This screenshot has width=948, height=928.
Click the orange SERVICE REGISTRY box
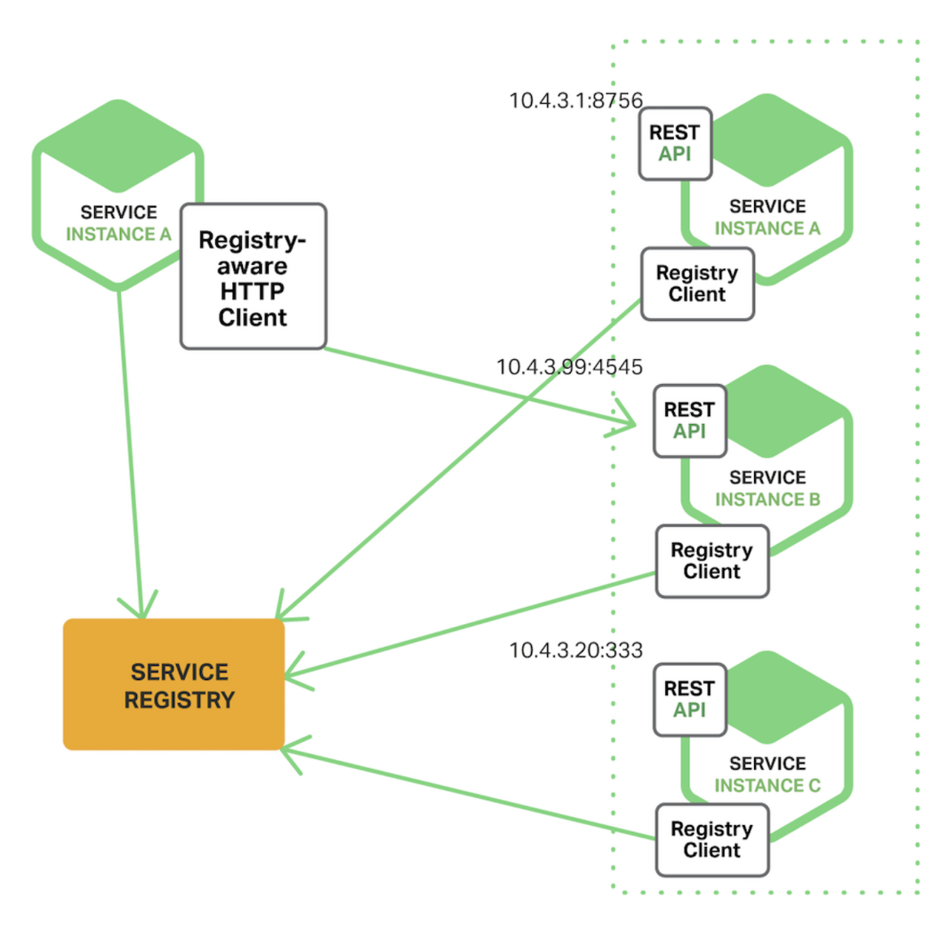tap(173, 684)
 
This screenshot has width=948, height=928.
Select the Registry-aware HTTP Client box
tap(253, 276)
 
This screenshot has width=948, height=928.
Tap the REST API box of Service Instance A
tap(675, 144)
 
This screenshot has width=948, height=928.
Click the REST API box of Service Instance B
tap(690, 421)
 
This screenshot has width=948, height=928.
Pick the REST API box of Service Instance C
tap(690, 700)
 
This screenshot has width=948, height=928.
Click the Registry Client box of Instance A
tap(697, 283)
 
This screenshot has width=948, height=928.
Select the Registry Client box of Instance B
tap(712, 561)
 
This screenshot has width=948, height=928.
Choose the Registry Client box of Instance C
tap(712, 840)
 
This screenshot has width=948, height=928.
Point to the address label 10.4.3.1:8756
tap(575, 101)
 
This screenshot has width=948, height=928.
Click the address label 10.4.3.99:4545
tap(570, 367)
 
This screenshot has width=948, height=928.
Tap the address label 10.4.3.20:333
tap(575, 650)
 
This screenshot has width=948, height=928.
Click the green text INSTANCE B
tap(767, 500)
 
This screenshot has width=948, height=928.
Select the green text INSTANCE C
tap(767, 785)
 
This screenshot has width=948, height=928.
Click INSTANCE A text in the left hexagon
tap(118, 234)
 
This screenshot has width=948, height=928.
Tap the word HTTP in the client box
tap(253, 291)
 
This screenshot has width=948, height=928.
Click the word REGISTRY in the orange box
tap(179, 700)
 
